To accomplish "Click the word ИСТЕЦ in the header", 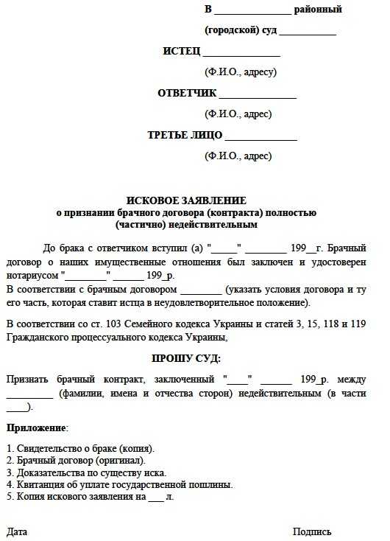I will coord(181,52).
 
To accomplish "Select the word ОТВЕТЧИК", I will coord(187,94).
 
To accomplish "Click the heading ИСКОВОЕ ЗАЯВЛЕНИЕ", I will coord(186,200).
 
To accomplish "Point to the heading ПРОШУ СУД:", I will coord(186,359).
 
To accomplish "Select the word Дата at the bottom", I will coord(17,531).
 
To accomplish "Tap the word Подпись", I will coord(312,531).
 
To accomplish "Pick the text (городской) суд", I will coord(240,31).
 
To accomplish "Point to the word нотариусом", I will coord(32,275).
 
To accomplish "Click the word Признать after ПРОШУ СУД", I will coord(27,380).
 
